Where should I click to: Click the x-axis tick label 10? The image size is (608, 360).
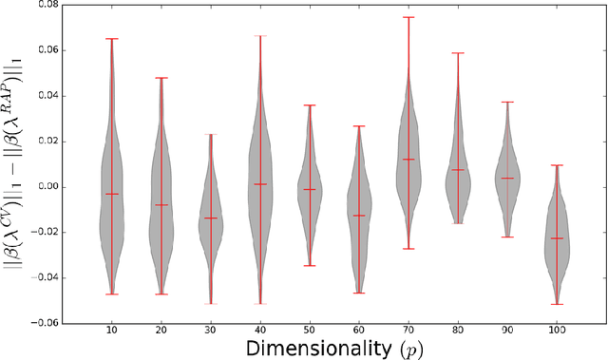(x=112, y=332)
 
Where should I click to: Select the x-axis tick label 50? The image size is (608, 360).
(x=309, y=332)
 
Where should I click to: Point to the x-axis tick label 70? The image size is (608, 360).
(x=408, y=332)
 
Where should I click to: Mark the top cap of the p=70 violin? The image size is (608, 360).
(x=408, y=17)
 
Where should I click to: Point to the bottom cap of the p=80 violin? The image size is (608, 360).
(x=457, y=223)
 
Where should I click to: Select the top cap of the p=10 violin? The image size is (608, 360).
(x=112, y=39)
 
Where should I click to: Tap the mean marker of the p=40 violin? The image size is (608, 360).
(x=260, y=184)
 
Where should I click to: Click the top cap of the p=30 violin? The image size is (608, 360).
(x=211, y=134)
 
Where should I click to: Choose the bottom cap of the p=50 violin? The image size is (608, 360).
(x=309, y=265)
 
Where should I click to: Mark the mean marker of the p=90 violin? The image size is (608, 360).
(x=506, y=178)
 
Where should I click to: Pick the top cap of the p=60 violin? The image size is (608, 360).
(x=358, y=125)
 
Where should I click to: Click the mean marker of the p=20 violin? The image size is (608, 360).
(x=161, y=205)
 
